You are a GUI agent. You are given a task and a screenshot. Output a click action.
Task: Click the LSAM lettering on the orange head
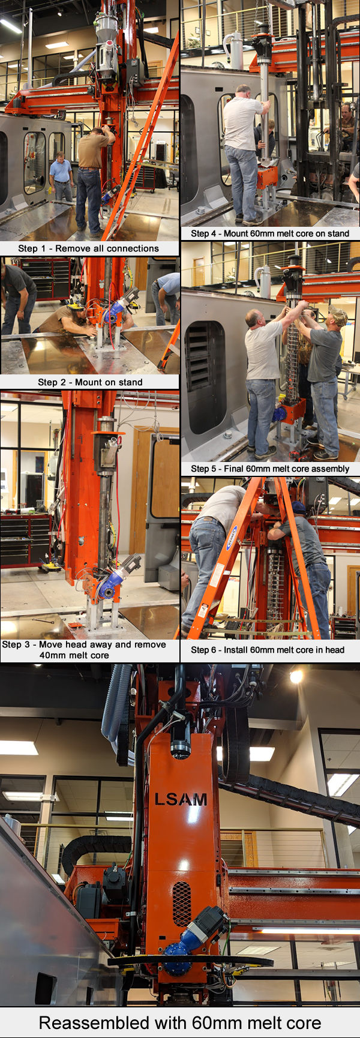[181, 799]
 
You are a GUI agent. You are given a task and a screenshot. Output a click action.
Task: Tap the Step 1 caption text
[89, 248]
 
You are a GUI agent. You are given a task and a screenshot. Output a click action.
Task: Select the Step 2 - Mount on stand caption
[90, 382]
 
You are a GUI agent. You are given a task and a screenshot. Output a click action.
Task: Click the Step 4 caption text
[270, 233]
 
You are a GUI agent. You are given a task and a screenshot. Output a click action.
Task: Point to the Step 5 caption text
[270, 469]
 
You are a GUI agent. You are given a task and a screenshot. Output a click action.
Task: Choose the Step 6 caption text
[268, 649]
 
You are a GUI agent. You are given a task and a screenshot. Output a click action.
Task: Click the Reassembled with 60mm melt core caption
[180, 1023]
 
